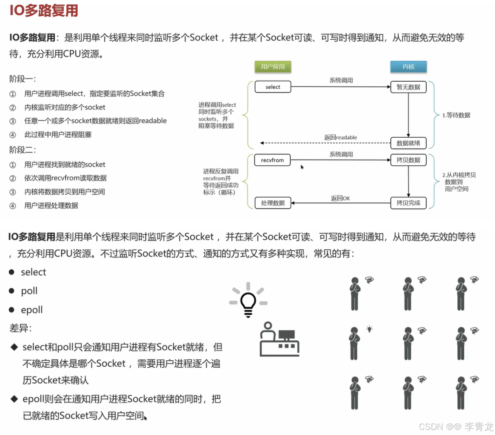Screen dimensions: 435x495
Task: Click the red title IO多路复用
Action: [x=44, y=11]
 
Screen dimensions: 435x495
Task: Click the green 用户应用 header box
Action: [x=273, y=67]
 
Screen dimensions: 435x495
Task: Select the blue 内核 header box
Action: [x=408, y=67]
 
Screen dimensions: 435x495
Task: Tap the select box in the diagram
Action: [x=273, y=87]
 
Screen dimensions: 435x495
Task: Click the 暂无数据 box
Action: [x=408, y=87]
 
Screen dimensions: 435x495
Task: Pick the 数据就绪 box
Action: [x=408, y=143]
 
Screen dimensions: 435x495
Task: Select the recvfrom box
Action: [x=272, y=160]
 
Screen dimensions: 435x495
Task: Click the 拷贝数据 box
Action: [x=408, y=160]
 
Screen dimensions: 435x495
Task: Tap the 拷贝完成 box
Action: [x=408, y=203]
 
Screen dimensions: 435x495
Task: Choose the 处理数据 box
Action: [x=273, y=203]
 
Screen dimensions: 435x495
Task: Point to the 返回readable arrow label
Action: [x=340, y=137]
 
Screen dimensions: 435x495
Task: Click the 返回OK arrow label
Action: [x=340, y=198]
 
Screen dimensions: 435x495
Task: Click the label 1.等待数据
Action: [x=456, y=115]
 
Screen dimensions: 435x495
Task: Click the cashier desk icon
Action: [x=279, y=339]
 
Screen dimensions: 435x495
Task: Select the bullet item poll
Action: [x=29, y=291]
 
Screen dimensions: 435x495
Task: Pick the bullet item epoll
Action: [x=31, y=310]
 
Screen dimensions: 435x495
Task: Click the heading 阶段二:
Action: [x=23, y=150]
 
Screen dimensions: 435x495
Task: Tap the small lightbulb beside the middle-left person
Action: [x=370, y=329]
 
